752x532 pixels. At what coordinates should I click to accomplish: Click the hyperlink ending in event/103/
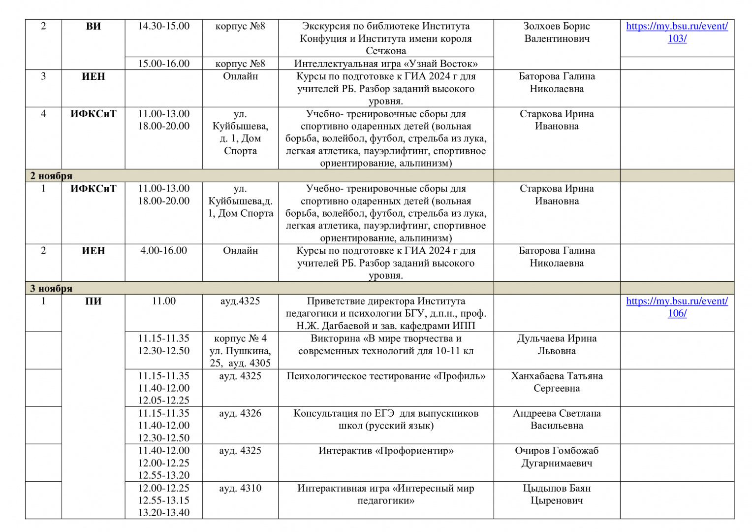[677, 32]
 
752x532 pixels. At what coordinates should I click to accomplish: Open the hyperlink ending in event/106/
[677, 307]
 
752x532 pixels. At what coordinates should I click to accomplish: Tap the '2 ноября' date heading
[51, 176]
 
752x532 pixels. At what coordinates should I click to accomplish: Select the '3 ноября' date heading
[51, 288]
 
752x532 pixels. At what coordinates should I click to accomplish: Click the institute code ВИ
[93, 26]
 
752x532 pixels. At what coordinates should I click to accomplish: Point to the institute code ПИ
[93, 301]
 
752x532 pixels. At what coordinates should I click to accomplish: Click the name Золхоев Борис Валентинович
[557, 32]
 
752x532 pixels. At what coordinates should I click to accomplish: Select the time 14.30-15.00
[163, 26]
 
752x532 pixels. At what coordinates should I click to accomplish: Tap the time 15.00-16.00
[163, 64]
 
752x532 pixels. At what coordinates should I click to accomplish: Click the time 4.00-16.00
[163, 251]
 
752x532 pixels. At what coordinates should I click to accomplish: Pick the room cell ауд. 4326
[240, 413]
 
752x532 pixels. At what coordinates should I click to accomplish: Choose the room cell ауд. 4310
[240, 488]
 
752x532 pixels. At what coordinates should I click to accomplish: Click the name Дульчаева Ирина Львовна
[557, 344]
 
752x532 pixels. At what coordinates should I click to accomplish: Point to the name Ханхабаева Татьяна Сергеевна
[557, 382]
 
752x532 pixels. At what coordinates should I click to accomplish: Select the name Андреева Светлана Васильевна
[557, 419]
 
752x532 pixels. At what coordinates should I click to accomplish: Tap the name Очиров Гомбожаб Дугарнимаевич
[557, 457]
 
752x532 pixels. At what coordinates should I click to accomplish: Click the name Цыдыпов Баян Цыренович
[557, 494]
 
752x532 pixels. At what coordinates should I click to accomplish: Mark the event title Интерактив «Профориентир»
[386, 451]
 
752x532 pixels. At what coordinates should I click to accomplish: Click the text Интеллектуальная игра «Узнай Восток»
[386, 64]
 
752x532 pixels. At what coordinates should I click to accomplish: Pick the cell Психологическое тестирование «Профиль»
[386, 376]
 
